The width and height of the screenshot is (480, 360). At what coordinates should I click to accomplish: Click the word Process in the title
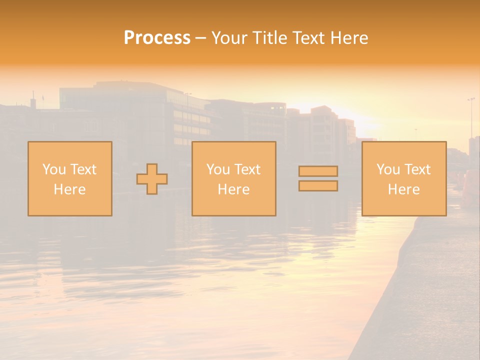[157, 38]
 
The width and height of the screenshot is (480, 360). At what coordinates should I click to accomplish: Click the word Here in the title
[349, 38]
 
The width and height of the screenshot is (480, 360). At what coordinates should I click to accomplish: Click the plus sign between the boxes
[152, 179]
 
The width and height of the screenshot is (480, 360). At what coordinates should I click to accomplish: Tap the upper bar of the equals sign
[318, 171]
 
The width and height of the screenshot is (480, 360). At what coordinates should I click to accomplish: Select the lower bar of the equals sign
[318, 185]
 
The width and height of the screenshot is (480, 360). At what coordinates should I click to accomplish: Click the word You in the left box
[54, 169]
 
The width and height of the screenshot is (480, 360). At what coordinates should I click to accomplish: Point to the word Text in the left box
[82, 169]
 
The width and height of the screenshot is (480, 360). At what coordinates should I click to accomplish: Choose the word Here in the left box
[69, 189]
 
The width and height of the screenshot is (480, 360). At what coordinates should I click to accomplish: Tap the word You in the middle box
[218, 169]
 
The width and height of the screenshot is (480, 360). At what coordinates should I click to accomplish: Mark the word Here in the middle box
[233, 189]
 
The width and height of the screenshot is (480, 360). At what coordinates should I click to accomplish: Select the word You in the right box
[388, 169]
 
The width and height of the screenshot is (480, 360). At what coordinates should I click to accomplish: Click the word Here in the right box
[403, 189]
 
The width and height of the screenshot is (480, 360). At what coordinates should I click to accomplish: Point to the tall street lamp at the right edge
[471, 117]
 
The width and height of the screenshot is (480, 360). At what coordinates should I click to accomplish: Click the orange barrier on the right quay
[470, 187]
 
